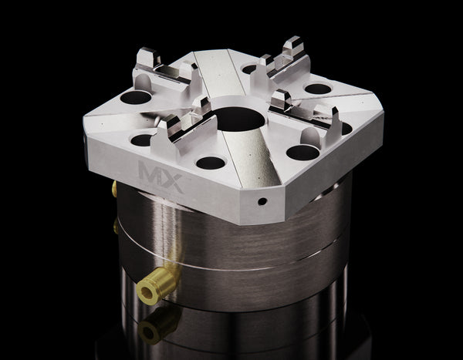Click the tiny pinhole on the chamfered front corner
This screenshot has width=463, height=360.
tap(262, 201)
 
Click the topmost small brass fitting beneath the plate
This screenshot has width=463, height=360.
tap(114, 187)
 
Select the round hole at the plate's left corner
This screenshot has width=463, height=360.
tap(136, 98)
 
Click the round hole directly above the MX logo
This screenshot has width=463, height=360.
tap(142, 140)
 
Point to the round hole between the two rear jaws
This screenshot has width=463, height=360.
tap(251, 69)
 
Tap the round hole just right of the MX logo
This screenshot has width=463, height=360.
tap(209, 163)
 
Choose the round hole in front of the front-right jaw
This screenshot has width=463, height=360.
tap(302, 152)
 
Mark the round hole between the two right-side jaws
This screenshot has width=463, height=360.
tap(317, 89)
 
